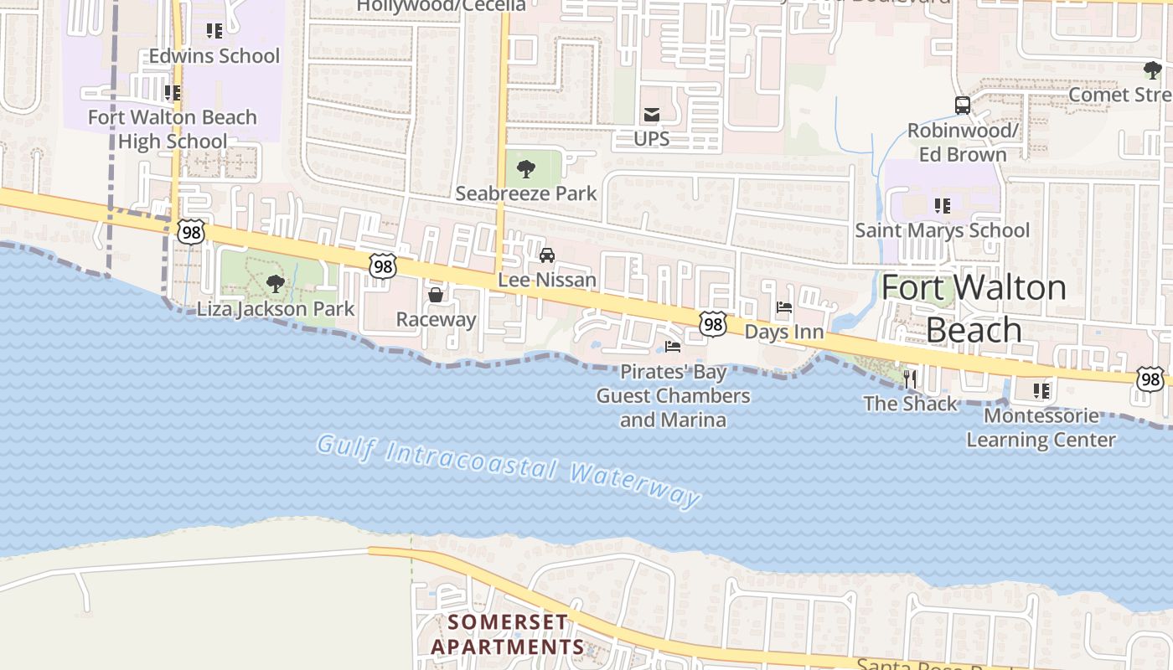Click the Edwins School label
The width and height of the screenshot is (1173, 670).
[x=214, y=56]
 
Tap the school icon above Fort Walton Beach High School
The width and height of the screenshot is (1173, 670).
[x=173, y=93]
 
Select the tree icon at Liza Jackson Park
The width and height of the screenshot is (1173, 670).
[x=275, y=284]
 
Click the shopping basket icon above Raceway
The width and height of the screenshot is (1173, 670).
[x=436, y=295]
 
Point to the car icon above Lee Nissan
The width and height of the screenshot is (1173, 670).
[x=547, y=255]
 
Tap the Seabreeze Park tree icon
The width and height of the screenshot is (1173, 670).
[x=526, y=170]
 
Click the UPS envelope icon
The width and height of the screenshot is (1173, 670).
[x=651, y=115]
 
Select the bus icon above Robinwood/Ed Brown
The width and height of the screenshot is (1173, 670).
[x=962, y=106]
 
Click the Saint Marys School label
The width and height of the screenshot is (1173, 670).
[x=942, y=230]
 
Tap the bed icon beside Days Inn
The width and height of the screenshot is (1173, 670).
[x=784, y=307]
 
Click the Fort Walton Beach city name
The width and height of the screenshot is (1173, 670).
[x=974, y=309]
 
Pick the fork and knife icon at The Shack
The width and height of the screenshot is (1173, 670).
[x=910, y=379]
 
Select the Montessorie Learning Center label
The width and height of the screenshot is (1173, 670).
[x=1041, y=428]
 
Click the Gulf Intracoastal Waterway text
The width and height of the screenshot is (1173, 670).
[x=509, y=471]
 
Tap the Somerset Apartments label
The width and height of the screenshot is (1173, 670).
[x=507, y=634]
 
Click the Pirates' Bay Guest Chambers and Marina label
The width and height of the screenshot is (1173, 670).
[x=673, y=395]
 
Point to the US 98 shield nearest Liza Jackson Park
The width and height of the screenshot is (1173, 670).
[x=191, y=232]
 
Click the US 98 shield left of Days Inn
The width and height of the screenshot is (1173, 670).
[x=713, y=323]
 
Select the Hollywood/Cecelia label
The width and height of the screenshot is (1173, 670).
[x=442, y=6]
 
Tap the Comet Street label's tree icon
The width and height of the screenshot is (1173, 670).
[x=1152, y=70]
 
